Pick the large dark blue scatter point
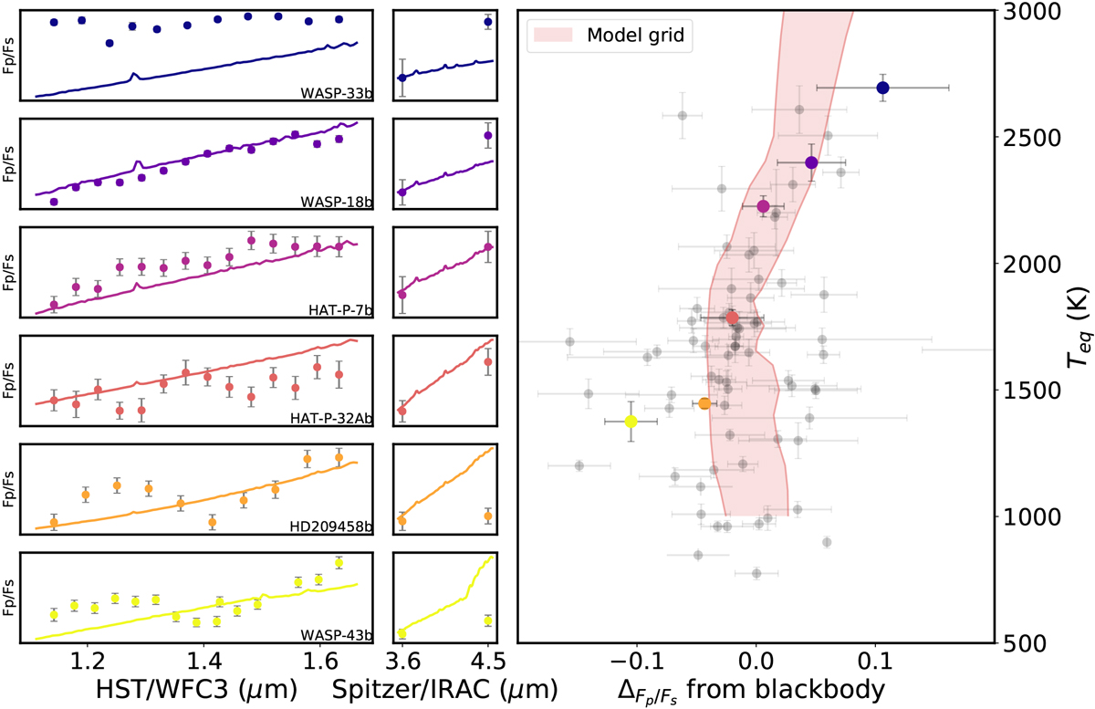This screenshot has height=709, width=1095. click(x=882, y=88)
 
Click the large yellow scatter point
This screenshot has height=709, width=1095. click(x=631, y=422)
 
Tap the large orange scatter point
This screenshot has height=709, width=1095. click(x=704, y=403)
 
